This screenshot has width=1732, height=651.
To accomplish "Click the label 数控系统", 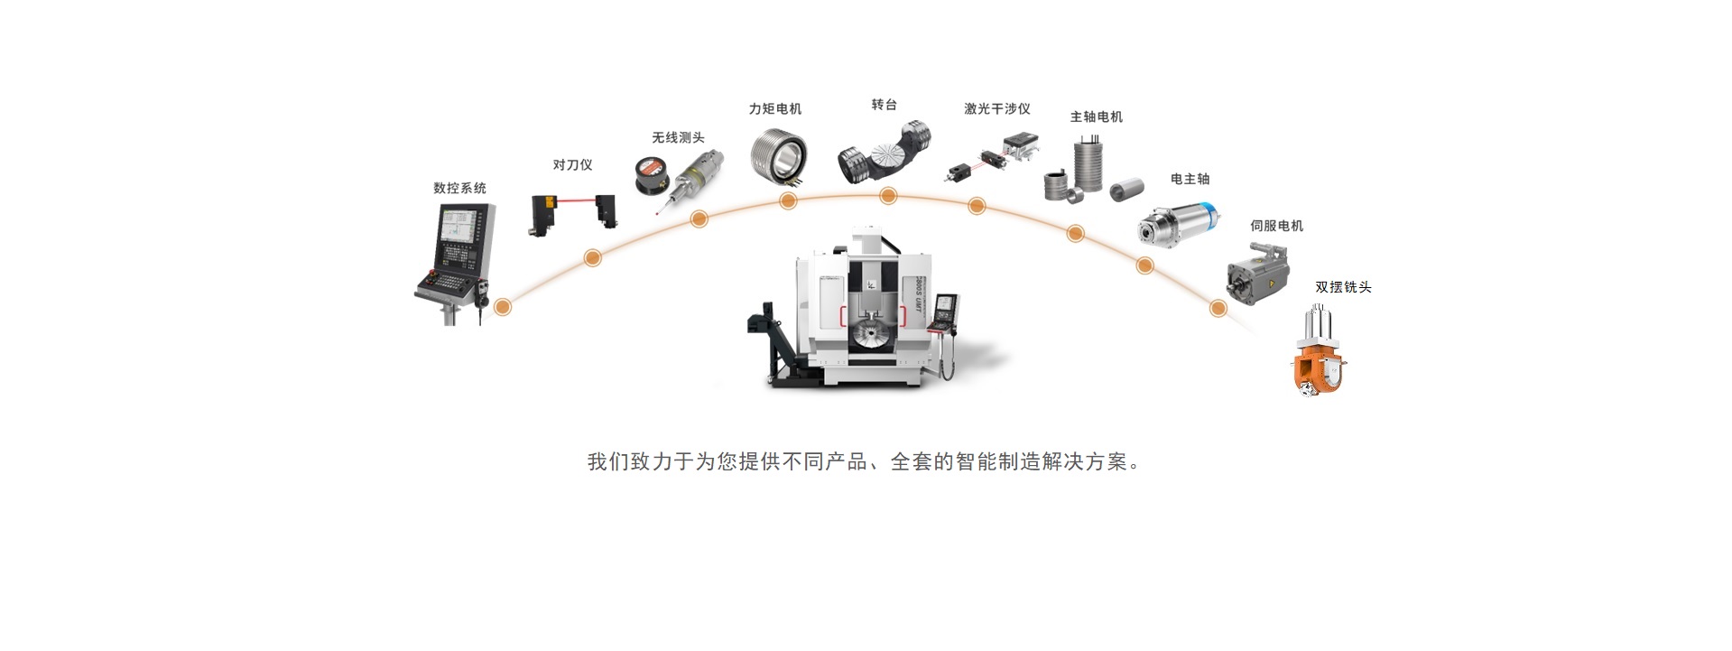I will click(459, 188).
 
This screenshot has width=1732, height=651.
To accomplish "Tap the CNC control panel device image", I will click(457, 257).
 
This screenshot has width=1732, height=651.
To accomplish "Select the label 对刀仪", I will click(572, 164).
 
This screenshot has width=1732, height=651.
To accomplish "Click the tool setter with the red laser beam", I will click(572, 214).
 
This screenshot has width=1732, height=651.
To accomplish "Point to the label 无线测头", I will click(678, 137).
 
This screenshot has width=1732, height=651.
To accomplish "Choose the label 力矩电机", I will click(774, 108).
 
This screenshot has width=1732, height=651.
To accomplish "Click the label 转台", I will click(884, 105).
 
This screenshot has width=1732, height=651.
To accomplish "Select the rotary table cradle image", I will click(884, 154).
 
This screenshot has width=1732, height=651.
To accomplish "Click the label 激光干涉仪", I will click(996, 108).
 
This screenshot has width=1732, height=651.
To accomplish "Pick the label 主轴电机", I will click(1096, 116).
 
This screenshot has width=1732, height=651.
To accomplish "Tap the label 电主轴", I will click(1190, 179).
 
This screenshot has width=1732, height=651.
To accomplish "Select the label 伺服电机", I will click(1276, 226).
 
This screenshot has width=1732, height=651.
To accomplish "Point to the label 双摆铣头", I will click(1343, 287).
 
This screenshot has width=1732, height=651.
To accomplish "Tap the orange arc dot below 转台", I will click(887, 196).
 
